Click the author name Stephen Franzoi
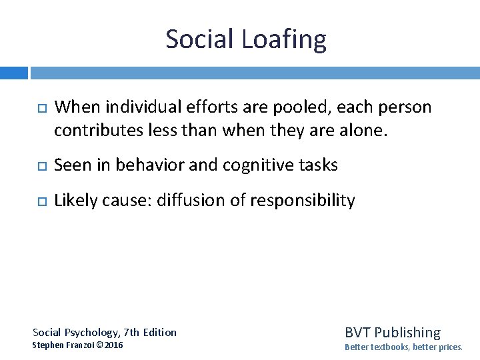pos(64,345)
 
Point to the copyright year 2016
pos(113,345)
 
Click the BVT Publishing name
pos(393,332)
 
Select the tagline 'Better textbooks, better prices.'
pos(403,347)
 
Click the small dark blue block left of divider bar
pos(13,72)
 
